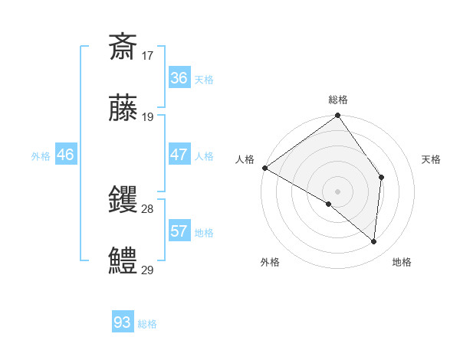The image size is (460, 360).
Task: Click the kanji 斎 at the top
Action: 123,47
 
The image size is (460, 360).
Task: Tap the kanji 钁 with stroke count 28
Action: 123,200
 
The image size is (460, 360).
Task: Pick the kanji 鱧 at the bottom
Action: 123,260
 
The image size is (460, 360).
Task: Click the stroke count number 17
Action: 148,55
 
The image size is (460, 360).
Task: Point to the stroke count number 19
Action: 148,117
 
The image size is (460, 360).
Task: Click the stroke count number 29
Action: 148,270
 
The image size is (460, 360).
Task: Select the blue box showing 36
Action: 179,78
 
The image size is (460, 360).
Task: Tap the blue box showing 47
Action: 179,155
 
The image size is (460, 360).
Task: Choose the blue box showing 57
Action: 179,231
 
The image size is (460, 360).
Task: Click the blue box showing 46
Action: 66,155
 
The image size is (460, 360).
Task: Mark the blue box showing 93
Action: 122,322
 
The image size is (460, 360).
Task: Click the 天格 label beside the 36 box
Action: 204,79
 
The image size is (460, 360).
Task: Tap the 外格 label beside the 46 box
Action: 41,155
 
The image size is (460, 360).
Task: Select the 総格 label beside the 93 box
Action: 147,324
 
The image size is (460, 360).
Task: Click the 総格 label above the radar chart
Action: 338,100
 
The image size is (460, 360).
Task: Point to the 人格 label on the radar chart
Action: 245,159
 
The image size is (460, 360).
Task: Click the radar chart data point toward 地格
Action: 373,241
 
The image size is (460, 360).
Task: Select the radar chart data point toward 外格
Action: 329,204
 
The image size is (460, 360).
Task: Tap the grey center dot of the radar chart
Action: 338,191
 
